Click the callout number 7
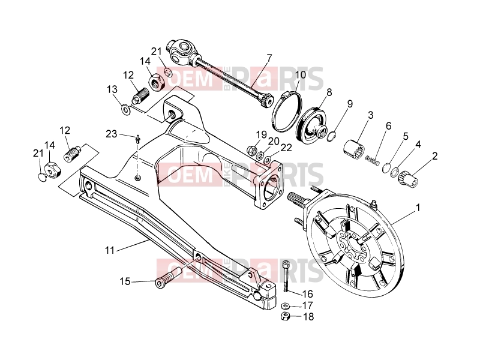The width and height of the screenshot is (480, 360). click(269, 58)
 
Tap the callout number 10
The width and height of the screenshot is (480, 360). click(301, 74)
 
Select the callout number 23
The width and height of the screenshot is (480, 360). click(112, 134)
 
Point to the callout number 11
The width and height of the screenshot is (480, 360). click(110, 250)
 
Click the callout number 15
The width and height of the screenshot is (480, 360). click(125, 281)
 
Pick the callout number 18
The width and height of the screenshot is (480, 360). click(308, 317)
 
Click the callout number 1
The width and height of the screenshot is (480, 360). click(418, 208)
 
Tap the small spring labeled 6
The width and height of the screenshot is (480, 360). click(373, 159)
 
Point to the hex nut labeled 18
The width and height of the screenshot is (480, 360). click(286, 316)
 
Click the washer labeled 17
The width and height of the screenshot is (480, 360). click(286, 305)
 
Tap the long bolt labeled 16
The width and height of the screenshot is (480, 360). click(286, 276)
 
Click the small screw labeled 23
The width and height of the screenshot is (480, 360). click(138, 139)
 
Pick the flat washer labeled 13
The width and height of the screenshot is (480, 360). click(125, 110)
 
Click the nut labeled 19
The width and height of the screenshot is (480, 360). click(251, 150)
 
